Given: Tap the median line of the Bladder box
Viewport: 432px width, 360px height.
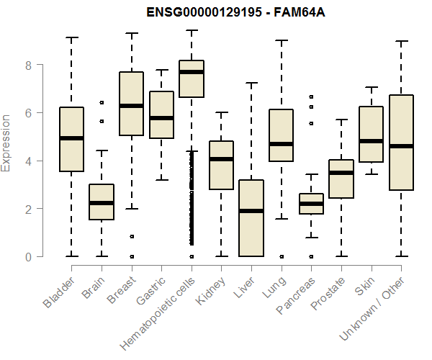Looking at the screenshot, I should pyautogui.click(x=71, y=138).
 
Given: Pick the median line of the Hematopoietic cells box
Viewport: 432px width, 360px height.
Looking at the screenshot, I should pyautogui.click(x=192, y=72).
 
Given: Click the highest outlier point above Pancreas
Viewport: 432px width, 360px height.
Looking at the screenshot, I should pyautogui.click(x=311, y=96).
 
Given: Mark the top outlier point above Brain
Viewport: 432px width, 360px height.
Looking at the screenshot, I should pyautogui.click(x=102, y=103).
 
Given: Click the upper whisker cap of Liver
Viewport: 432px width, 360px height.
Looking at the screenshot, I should pyautogui.click(x=251, y=83).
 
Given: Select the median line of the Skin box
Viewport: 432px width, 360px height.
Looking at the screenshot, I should pyautogui.click(x=372, y=141).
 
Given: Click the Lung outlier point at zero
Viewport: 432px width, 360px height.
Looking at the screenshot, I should pyautogui.click(x=282, y=256).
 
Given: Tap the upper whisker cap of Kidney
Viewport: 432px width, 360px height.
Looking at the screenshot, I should pyautogui.click(x=221, y=112).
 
